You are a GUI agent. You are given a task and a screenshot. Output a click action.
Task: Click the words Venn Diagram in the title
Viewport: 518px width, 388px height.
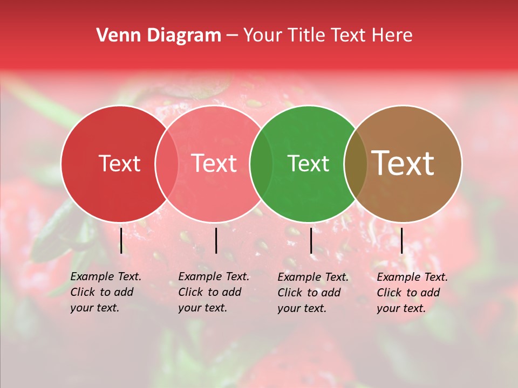pos(159,36)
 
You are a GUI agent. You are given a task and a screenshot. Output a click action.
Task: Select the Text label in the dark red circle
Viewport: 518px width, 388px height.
pos(119,164)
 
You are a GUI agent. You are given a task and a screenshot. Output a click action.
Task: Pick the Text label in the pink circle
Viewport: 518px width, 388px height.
pos(214,163)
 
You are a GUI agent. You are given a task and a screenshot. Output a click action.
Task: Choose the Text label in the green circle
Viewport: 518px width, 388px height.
pos(309,164)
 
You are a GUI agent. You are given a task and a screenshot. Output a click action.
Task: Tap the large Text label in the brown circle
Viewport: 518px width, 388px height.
pos(403,163)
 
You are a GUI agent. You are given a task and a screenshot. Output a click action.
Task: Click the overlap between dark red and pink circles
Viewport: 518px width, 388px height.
pos(167,164)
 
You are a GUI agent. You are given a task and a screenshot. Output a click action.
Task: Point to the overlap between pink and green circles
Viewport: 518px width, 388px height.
pos(261,164)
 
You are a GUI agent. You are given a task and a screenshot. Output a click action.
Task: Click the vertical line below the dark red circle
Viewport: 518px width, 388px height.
pos(121,240)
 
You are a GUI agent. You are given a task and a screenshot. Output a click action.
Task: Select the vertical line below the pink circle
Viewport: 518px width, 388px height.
pos(216,240)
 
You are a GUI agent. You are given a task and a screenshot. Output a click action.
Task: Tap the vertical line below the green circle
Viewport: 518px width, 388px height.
pos(311,240)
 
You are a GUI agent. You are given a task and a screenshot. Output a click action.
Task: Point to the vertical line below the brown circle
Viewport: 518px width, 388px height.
pos(401,240)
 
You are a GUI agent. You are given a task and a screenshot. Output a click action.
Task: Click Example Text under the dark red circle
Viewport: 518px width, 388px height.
pos(106,276)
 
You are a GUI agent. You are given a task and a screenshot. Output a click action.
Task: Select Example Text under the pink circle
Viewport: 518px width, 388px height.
pos(214,276)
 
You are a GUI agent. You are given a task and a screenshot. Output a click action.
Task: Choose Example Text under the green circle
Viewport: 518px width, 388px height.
pos(313,277)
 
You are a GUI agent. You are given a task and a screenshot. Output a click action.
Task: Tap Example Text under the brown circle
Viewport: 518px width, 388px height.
pos(412,277)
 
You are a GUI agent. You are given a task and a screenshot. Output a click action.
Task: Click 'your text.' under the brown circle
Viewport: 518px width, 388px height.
pos(401,308)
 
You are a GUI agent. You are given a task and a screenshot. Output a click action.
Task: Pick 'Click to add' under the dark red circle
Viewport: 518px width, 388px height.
pos(102,292)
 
